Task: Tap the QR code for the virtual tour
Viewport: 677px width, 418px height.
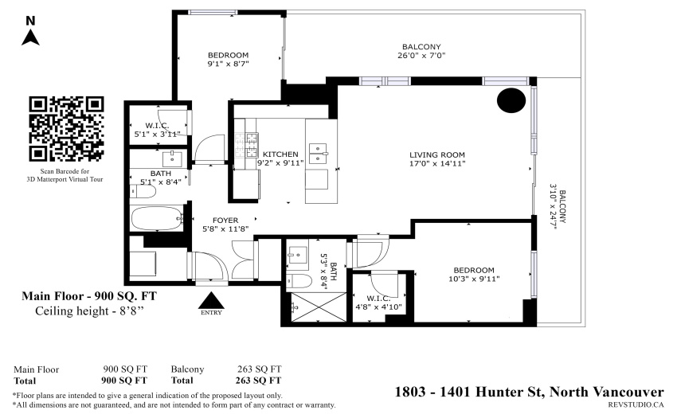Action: click(x=66, y=129)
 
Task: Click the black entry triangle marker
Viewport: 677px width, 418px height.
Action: click(x=211, y=300)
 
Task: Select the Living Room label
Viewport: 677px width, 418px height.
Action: click(x=437, y=154)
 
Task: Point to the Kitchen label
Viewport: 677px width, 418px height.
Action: click(x=280, y=154)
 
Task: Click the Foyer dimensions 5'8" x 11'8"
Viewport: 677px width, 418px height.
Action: click(x=225, y=229)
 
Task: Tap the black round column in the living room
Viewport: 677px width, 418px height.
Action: click(x=511, y=100)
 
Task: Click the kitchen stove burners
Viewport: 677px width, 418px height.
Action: click(x=247, y=145)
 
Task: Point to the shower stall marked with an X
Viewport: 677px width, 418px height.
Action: click(x=319, y=307)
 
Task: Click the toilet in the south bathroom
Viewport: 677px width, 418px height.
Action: click(x=299, y=281)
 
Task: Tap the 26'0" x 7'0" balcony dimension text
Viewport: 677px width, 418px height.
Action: click(x=421, y=55)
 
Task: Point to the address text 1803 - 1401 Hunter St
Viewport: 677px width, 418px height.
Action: click(x=470, y=392)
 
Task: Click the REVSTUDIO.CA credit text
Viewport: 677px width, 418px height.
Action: click(x=636, y=404)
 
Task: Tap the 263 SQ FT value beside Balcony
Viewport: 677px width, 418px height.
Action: click(x=259, y=369)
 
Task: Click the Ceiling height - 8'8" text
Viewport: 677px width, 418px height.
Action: click(x=89, y=311)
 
